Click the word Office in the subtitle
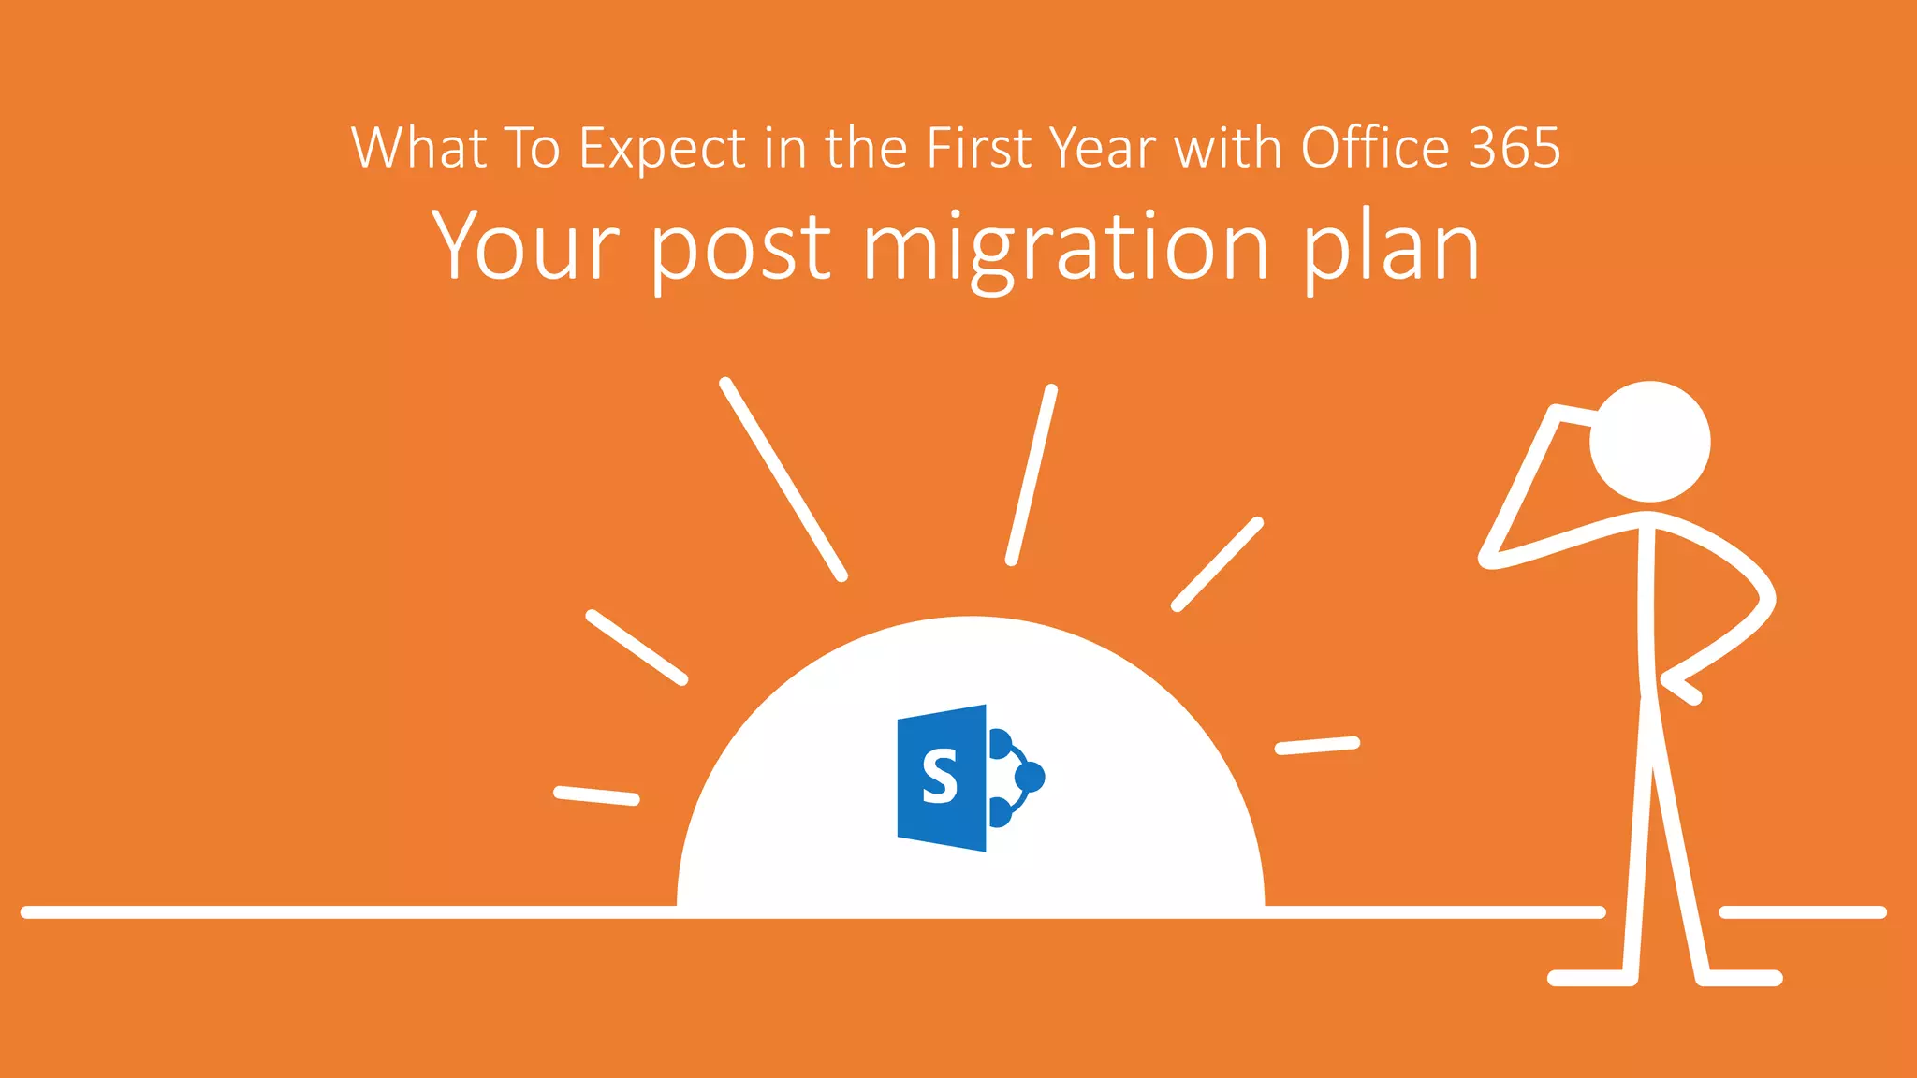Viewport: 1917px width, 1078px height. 1375,148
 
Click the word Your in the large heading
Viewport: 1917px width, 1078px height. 525,245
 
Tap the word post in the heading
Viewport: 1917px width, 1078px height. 739,249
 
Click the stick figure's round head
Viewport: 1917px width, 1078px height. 1650,442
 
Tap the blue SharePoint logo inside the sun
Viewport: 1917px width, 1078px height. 970,778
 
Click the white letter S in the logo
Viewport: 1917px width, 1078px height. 940,777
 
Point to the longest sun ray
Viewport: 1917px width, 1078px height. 783,479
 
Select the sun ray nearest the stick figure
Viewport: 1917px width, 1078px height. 1317,745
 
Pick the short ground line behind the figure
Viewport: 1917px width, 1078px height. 1802,912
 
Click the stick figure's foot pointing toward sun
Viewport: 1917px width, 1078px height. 1591,978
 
